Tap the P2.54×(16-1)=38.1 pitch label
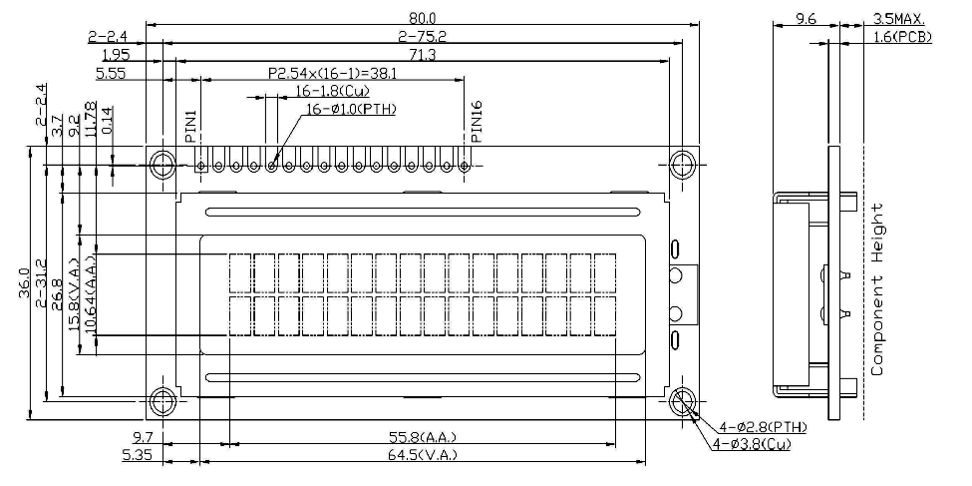coord(333,74)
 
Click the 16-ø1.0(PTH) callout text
coord(351,109)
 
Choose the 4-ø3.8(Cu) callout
coord(752,444)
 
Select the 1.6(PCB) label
coord(902,37)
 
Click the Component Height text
coord(877,289)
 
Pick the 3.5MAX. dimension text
coord(899,19)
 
